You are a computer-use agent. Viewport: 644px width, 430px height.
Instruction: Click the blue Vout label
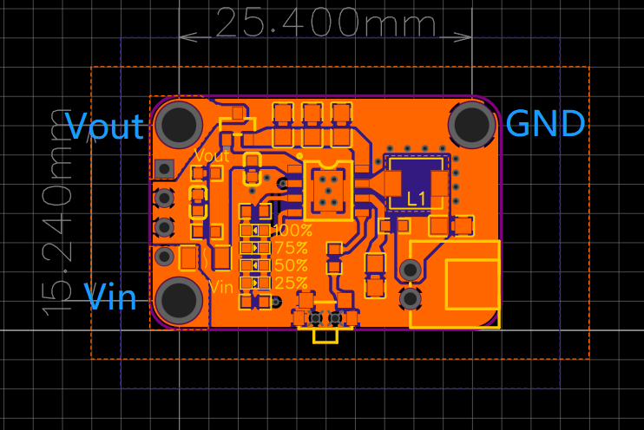click(x=104, y=126)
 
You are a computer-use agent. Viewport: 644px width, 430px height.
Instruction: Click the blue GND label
click(x=545, y=123)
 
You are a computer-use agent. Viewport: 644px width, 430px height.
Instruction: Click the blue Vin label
click(x=110, y=296)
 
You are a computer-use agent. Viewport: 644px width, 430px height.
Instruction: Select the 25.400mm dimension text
click(x=325, y=23)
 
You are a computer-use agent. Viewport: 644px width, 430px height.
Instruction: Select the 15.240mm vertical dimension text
click(x=56, y=212)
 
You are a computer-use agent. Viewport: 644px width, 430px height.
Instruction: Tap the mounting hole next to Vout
click(x=179, y=124)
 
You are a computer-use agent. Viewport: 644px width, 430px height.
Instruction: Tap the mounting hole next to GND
click(x=472, y=123)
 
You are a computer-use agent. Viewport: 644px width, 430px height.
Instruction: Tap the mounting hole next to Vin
click(x=179, y=301)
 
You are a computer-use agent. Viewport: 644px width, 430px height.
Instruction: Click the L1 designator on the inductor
click(x=417, y=199)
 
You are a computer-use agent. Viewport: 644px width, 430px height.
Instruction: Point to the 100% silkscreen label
click(x=292, y=231)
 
